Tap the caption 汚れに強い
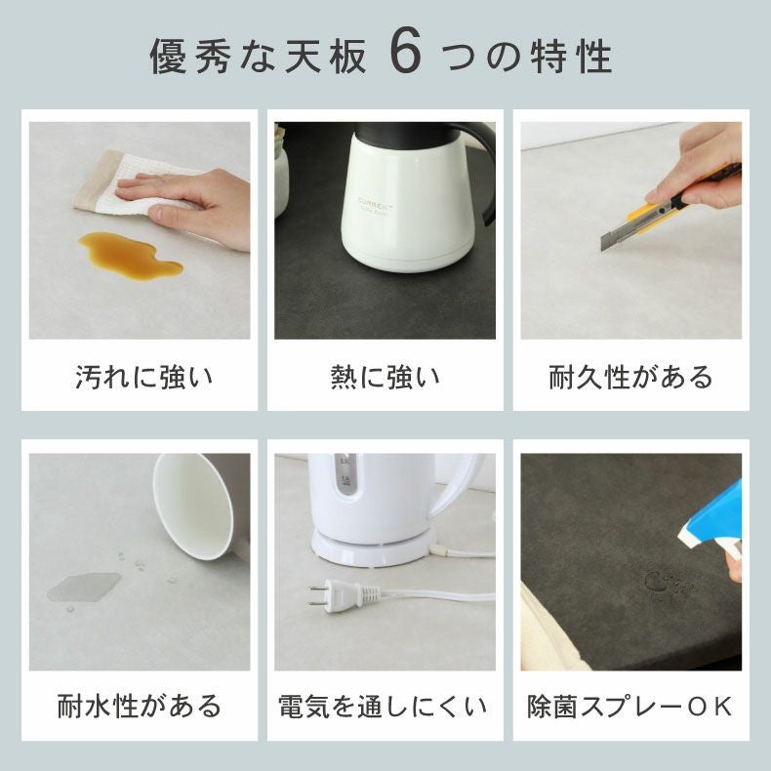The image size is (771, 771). [143, 377]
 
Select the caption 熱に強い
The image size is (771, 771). [385, 377]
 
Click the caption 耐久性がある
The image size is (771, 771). [630, 377]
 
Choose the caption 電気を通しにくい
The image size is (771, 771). [385, 705]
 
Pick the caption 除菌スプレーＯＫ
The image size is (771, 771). [630, 705]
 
